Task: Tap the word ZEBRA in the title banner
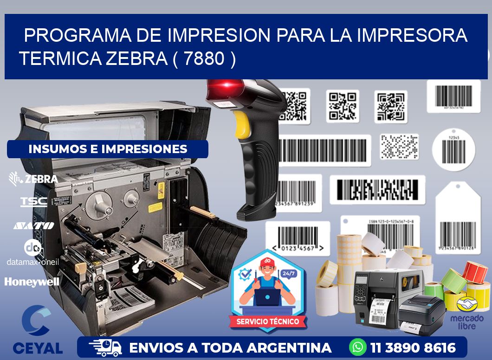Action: click(x=136, y=59)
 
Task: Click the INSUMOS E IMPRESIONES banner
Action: click(x=108, y=149)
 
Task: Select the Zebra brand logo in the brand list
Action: click(x=33, y=179)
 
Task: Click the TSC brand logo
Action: click(x=33, y=201)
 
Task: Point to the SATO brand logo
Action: click(x=33, y=225)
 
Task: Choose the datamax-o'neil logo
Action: click(x=32, y=253)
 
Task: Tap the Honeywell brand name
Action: click(x=32, y=281)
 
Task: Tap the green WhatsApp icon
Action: click(x=358, y=347)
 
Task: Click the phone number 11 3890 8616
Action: click(x=413, y=347)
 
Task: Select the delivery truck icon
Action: click(x=105, y=347)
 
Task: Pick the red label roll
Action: click(x=475, y=272)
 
